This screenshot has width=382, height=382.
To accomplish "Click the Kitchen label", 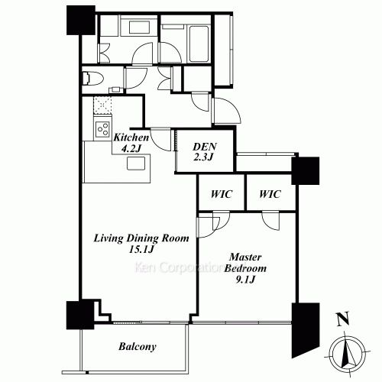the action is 131,138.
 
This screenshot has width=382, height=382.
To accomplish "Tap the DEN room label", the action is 205,147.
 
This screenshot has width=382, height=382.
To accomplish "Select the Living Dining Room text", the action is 141,238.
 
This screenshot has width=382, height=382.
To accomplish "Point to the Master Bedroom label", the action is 245,263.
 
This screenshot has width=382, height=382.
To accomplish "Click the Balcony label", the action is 138,347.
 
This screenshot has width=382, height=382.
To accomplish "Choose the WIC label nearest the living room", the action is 222,194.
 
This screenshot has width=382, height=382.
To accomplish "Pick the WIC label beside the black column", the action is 270,194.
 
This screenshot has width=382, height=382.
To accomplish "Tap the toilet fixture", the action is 92,78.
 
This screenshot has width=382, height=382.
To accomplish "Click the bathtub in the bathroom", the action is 199,44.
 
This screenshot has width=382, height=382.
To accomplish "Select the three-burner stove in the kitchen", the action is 102,129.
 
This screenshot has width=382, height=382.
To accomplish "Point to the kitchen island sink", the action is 136,163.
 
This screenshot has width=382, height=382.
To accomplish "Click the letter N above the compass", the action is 343,319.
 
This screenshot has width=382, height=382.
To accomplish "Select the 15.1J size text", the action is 141,249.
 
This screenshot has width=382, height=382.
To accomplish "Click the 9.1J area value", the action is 245,280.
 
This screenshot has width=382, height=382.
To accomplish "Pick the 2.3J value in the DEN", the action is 203,158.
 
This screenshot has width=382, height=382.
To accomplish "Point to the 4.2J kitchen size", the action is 131,148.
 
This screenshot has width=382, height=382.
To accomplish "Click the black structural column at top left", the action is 81,21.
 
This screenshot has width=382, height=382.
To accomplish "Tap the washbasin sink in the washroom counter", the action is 140,28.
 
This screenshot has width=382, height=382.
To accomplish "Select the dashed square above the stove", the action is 102,105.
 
